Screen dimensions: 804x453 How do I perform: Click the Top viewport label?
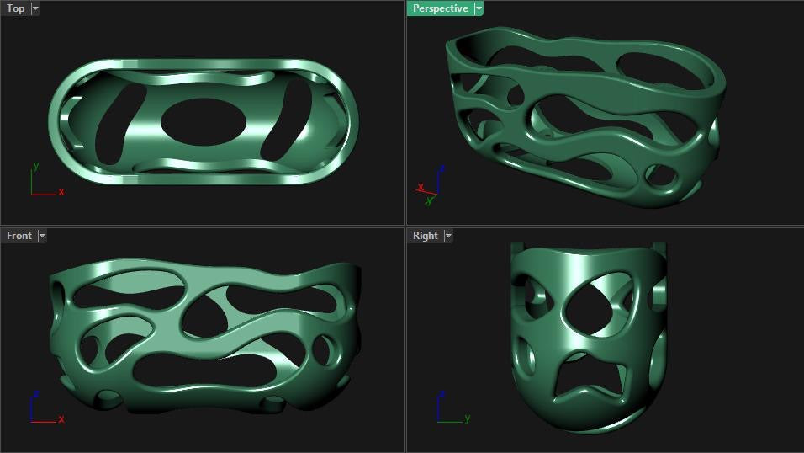(15, 8)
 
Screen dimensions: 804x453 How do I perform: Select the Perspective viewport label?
(441, 8)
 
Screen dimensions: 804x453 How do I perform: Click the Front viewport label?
(19, 236)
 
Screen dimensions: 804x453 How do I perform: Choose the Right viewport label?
(425, 236)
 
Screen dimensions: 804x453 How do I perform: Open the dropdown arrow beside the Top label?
(35, 8)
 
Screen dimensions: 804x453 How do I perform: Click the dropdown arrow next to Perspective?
(479, 8)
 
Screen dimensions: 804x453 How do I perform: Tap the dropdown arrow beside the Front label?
(42, 236)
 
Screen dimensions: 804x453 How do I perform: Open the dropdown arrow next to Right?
(448, 236)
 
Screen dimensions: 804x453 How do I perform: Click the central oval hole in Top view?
(204, 122)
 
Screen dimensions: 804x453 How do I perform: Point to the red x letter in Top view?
(61, 192)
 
